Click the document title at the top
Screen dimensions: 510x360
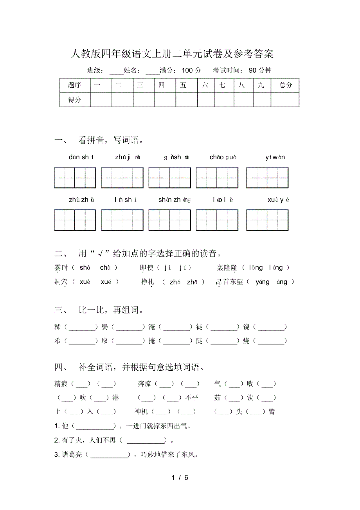click(x=172, y=53)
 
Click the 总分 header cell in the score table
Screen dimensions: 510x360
click(x=285, y=85)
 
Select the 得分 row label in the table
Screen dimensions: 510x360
click(x=75, y=100)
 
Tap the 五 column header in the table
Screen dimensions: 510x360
click(x=183, y=85)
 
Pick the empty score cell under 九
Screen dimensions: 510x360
click(x=262, y=100)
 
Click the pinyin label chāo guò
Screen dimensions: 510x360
click(x=223, y=157)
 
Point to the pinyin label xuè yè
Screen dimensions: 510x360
click(x=278, y=200)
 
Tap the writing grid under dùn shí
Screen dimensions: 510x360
click(x=75, y=178)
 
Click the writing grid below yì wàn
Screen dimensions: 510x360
click(x=267, y=178)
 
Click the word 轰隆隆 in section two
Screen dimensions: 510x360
click(x=227, y=268)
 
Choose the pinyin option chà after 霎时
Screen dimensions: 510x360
click(x=105, y=268)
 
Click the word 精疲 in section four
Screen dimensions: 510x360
click(x=61, y=384)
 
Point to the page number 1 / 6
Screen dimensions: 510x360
click(x=180, y=478)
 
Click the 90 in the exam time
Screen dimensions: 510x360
click(x=253, y=70)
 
